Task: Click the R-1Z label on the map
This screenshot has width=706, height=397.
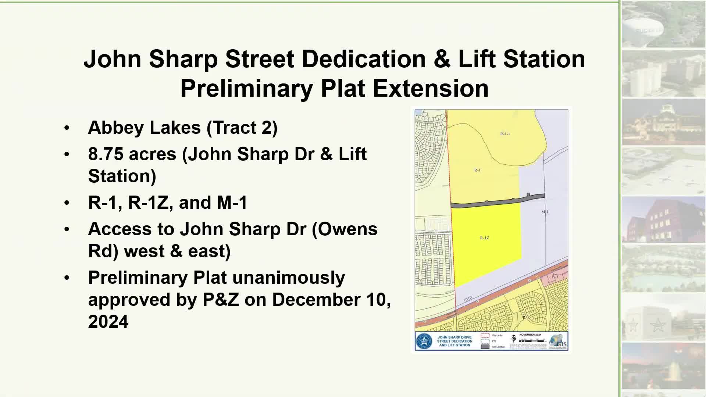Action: [485, 238]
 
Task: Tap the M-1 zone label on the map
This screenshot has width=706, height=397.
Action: [545, 212]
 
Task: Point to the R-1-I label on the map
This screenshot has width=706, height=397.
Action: [505, 134]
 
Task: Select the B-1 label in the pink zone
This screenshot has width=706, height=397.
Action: [555, 276]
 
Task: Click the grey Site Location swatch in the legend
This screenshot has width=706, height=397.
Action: [485, 347]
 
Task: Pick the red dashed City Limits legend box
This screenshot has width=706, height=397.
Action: [485, 336]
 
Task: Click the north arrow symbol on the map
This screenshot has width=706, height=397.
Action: [514, 339]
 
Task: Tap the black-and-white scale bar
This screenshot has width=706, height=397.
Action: [532, 341]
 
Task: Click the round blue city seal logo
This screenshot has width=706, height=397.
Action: [425, 341]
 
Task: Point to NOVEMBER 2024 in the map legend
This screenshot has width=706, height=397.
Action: [530, 335]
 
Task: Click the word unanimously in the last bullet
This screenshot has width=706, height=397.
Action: [289, 278]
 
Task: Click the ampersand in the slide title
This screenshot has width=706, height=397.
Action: [442, 59]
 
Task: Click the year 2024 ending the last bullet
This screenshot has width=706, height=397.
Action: [108, 322]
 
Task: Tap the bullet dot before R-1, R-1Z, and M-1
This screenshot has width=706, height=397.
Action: [67, 203]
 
